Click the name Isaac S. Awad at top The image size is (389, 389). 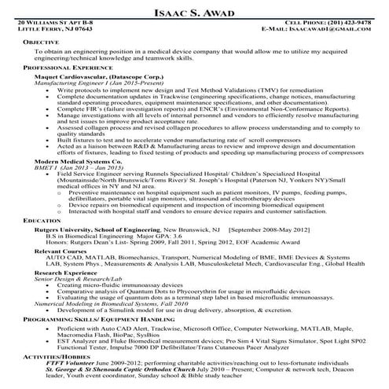coord(193,10)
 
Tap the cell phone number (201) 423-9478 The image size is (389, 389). coord(347,23)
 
